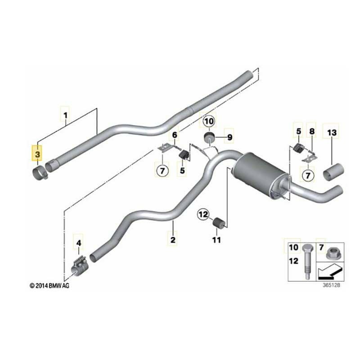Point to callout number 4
pos(79,243)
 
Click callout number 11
pos(217,240)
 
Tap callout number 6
pos(174,135)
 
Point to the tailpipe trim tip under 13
pos(334,173)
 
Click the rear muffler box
pos(257,173)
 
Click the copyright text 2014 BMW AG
pos(50,285)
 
